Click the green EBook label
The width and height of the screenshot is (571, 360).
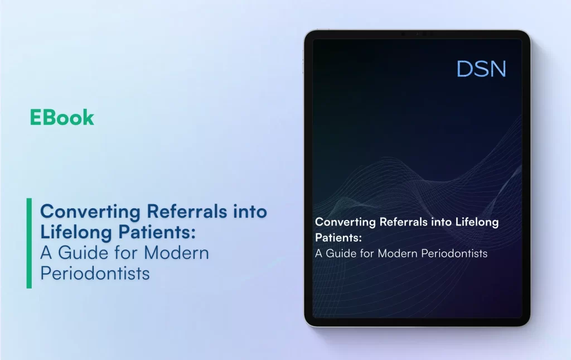[x=62, y=118]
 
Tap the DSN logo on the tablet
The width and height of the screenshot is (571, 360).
[x=481, y=69]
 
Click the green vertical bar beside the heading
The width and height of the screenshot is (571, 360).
[x=29, y=243]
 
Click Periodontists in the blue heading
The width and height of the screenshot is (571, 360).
[x=95, y=273]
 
